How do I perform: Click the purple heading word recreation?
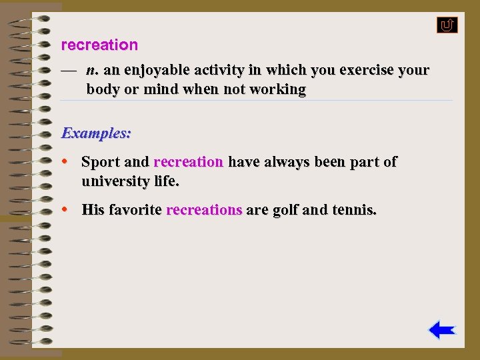pos(99,45)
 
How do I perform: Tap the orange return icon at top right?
pos(447,25)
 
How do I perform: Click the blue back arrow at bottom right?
pos(441,330)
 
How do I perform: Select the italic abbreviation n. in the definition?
pos(93,70)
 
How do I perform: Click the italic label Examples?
pos(96,133)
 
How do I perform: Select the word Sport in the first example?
pos(101,162)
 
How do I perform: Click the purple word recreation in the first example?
pos(188,162)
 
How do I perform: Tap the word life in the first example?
pos(167,181)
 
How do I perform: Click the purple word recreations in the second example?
pos(204,210)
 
